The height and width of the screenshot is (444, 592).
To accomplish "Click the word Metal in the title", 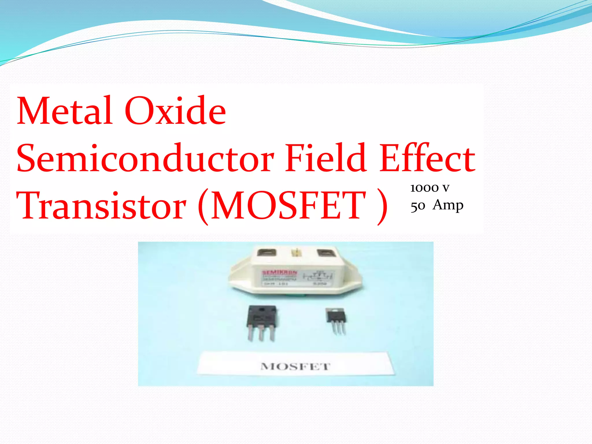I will click(64, 111).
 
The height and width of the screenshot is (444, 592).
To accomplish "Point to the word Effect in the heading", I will click(427, 158).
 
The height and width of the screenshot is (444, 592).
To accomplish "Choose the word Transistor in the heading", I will click(101, 206).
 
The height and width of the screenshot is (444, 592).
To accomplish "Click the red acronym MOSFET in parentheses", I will click(289, 206).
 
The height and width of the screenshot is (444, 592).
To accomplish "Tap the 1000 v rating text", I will click(430, 188).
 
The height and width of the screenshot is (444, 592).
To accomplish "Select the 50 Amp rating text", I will click(437, 206).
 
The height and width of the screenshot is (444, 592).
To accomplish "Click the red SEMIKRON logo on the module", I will click(279, 273).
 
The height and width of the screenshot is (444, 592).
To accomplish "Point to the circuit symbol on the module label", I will click(317, 276).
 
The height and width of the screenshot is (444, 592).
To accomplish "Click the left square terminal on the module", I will click(267, 252).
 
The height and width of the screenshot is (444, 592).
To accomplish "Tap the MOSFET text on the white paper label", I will click(295, 367).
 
